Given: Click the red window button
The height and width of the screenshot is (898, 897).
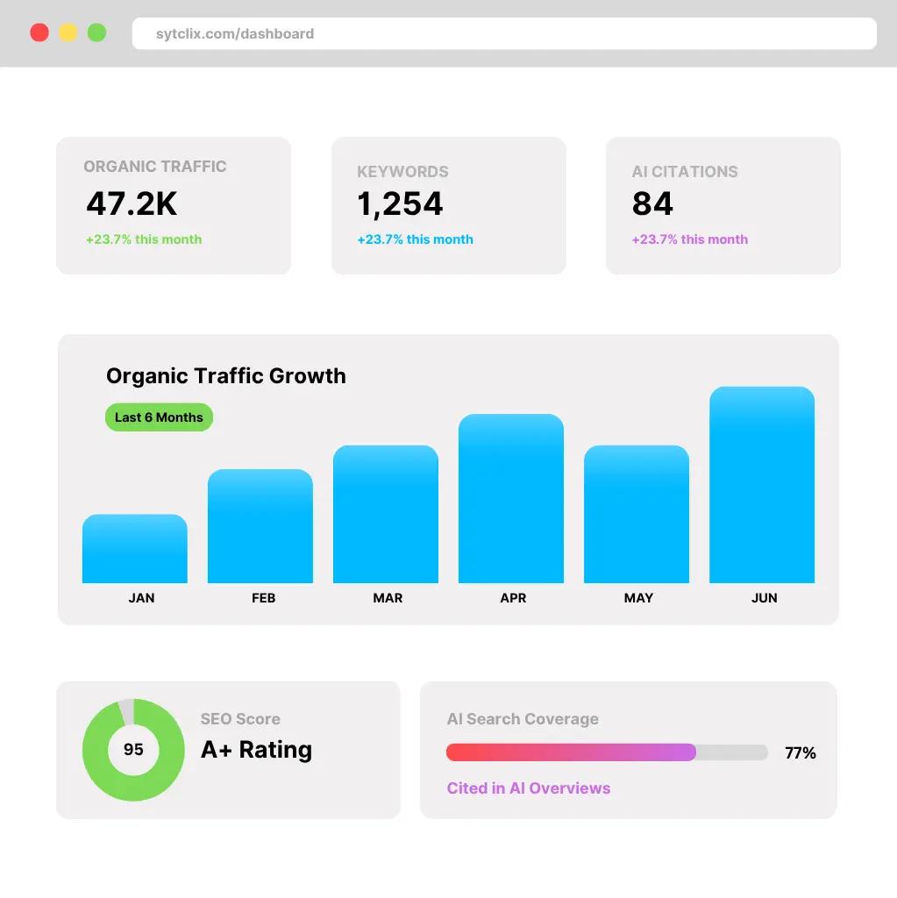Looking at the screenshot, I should point(39,33).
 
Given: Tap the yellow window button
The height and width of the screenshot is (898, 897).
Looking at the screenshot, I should point(68,33).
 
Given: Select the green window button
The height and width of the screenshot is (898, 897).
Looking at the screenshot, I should point(96,33).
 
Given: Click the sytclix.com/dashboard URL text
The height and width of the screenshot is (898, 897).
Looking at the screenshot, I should point(234,34).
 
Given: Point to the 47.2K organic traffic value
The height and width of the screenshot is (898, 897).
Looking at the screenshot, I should point(132,203).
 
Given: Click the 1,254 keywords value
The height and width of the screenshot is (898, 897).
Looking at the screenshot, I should point(400,204).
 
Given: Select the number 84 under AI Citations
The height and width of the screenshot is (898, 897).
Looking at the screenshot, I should point(652,204).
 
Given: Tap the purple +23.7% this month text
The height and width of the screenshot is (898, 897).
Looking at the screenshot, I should point(689,239).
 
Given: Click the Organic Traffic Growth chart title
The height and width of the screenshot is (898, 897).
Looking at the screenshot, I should point(226,376).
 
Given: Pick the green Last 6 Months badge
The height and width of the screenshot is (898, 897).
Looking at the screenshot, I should point(159,417).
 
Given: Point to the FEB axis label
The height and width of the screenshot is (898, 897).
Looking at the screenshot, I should point(263,598).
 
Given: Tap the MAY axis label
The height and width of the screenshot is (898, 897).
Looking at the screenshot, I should point(638,598).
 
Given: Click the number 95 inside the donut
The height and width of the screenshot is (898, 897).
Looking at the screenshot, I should point(133,750).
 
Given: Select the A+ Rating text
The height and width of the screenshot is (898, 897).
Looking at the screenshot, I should point(256,750).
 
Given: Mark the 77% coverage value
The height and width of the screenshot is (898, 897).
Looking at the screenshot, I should point(800,752).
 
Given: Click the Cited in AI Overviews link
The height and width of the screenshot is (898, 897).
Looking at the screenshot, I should point(528,788).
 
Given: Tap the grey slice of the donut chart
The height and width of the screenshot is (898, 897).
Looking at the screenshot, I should point(127,711).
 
